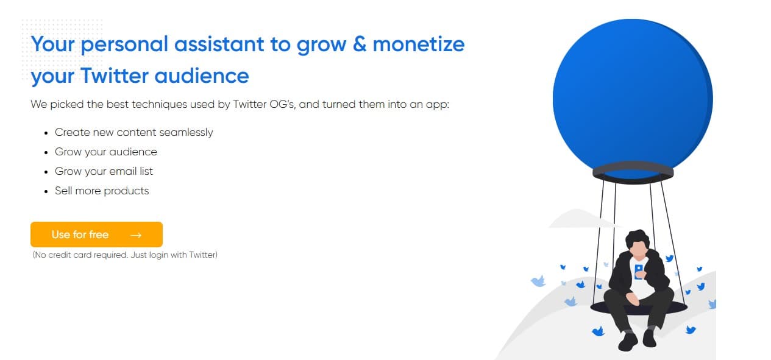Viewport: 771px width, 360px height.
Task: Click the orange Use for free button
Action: pyautogui.click(x=96, y=235)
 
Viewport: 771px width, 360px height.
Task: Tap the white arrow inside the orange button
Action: pyautogui.click(x=136, y=235)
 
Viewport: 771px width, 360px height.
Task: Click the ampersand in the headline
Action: pyautogui.click(x=360, y=44)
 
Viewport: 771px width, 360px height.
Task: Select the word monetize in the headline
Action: pyautogui.click(x=419, y=44)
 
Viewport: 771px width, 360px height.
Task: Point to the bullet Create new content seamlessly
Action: pyautogui.click(x=134, y=132)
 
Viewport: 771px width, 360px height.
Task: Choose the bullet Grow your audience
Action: pyautogui.click(x=105, y=152)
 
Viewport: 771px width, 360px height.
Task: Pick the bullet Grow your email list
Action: pyautogui.click(x=104, y=171)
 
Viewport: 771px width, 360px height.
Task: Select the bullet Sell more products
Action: pyautogui.click(x=102, y=191)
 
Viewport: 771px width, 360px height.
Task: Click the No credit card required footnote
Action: pyautogui.click(x=125, y=255)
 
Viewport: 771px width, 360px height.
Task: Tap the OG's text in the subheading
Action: pyautogui.click(x=282, y=104)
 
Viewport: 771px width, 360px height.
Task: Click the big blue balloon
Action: pyautogui.click(x=633, y=96)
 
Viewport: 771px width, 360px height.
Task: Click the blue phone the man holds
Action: pyautogui.click(x=638, y=272)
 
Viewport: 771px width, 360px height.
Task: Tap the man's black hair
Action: pyautogui.click(x=638, y=238)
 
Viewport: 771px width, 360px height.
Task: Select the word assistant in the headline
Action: pyautogui.click(x=219, y=44)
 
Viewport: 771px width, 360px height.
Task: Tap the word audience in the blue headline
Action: pyautogui.click(x=202, y=76)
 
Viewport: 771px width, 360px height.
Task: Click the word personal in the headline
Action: pyautogui.click(x=124, y=45)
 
